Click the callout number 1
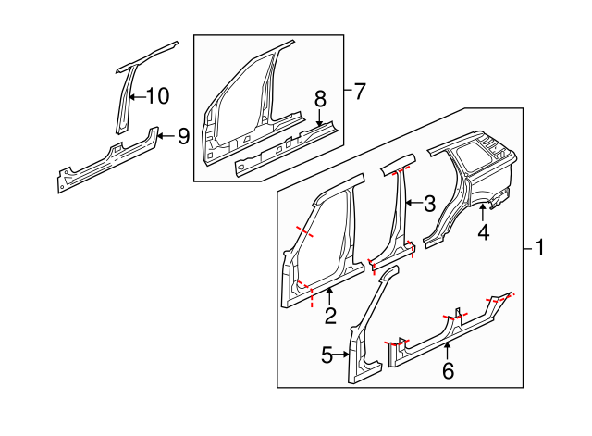pyautogui.click(x=540, y=248)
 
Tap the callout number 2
pyautogui.click(x=330, y=317)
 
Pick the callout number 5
pyautogui.click(x=327, y=354)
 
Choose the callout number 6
pyautogui.click(x=448, y=370)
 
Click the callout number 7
pyautogui.click(x=359, y=91)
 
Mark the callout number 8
pyautogui.click(x=320, y=98)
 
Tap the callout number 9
pyautogui.click(x=183, y=136)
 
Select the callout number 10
pyautogui.click(x=157, y=94)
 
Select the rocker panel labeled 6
pyautogui.click(x=444, y=329)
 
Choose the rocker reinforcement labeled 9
pyautogui.click(x=106, y=159)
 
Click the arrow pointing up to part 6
pyautogui.click(x=448, y=349)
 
